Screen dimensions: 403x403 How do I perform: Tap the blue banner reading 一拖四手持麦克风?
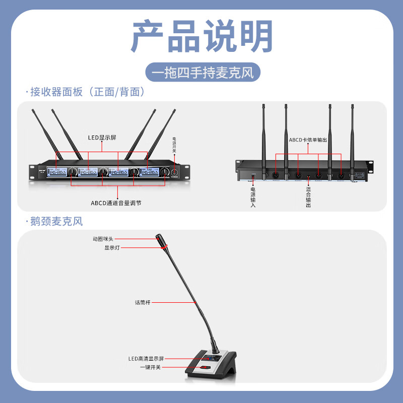[203, 72]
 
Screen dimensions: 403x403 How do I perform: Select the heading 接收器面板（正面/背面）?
[88, 92]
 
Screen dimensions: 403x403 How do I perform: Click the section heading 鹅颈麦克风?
[56, 221]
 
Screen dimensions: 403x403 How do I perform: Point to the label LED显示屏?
[100, 137]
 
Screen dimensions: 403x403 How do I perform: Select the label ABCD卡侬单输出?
[308, 140]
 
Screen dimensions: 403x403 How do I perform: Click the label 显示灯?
[112, 247]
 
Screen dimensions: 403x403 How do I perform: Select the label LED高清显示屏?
[146, 359]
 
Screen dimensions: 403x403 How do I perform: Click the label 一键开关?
[150, 367]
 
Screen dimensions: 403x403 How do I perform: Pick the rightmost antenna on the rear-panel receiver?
[352, 141]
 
